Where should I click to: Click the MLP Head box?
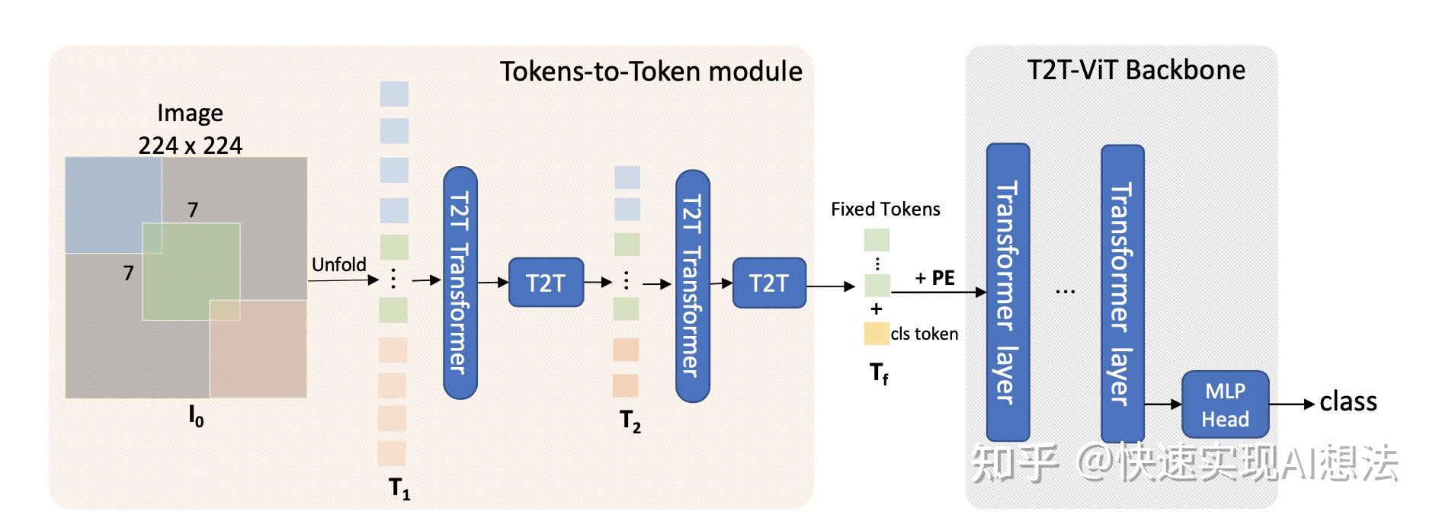(x=1225, y=404)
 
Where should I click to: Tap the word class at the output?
(x=1348, y=401)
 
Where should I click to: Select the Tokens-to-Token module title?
(x=651, y=72)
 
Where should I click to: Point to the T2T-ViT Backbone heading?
(x=1136, y=70)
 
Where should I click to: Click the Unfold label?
(x=338, y=264)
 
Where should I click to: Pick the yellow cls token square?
(x=876, y=334)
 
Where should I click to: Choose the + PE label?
(x=934, y=278)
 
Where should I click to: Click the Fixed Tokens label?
(x=885, y=209)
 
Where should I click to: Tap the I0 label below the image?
(x=196, y=416)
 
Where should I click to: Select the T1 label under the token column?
(x=399, y=488)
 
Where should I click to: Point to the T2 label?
(x=630, y=421)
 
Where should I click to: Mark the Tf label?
(x=879, y=373)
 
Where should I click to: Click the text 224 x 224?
(x=190, y=145)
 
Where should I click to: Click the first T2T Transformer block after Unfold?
(x=460, y=283)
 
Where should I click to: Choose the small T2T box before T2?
(x=546, y=283)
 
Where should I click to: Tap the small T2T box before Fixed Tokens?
(x=768, y=283)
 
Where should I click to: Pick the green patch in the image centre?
(x=191, y=270)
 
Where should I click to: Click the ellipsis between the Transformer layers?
(x=1065, y=291)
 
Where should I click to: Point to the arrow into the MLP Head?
(x=1163, y=404)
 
